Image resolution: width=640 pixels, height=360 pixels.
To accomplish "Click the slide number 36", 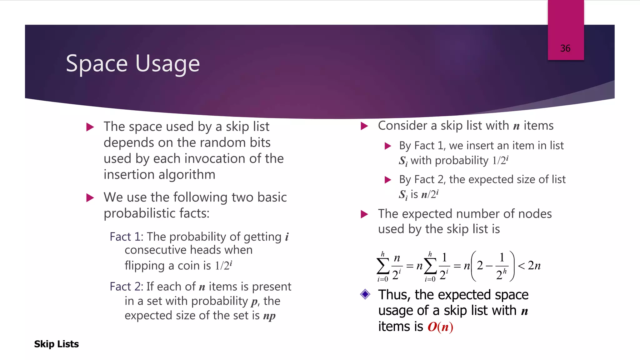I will point(565,48).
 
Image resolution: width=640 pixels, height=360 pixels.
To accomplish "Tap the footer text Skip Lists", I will point(56,344).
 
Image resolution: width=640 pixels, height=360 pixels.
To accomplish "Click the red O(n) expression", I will point(440,327).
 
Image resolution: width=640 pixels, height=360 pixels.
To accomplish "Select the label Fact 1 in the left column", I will point(125,237).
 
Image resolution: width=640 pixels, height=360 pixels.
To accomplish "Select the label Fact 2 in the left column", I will point(125,287).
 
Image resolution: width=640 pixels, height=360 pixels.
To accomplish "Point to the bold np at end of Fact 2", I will point(269,316).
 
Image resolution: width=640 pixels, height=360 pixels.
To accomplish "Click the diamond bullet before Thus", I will point(365,294).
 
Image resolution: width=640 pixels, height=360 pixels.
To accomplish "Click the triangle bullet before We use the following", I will point(90,198).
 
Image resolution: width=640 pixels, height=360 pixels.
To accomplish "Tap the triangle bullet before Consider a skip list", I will point(364,126).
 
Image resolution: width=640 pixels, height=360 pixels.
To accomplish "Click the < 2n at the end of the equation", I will point(529,266).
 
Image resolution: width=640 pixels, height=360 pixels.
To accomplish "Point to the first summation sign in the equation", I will point(383,266).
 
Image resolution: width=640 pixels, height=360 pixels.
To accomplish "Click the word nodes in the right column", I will point(535,214).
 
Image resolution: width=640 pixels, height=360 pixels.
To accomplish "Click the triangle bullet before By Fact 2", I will point(388,180).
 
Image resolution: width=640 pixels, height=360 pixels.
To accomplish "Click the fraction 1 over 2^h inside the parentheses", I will point(502,266).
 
